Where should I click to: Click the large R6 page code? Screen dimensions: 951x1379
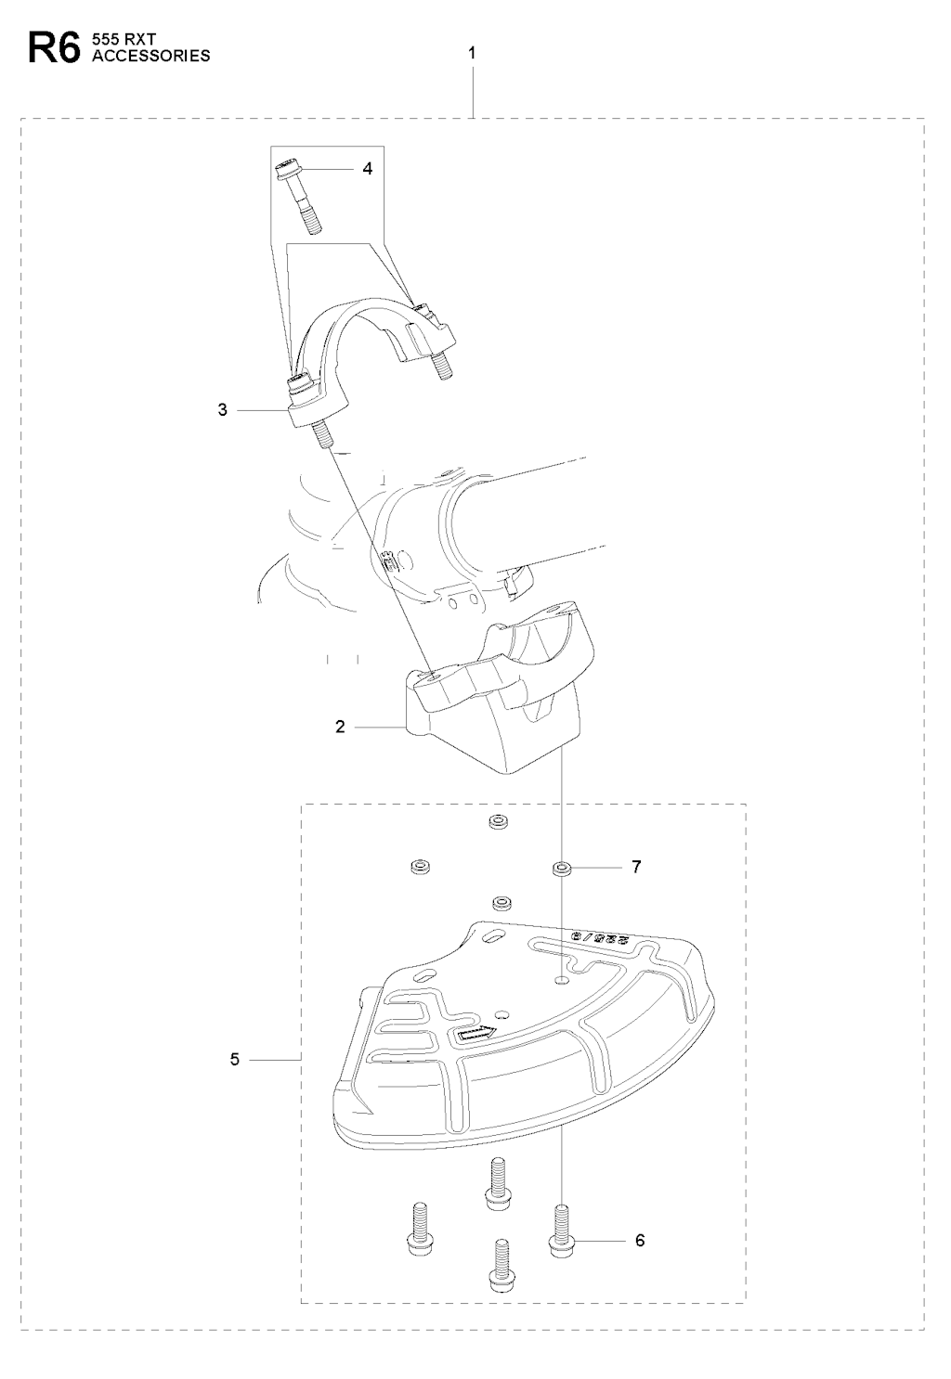coord(54,48)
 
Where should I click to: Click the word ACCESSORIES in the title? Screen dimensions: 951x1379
coord(150,56)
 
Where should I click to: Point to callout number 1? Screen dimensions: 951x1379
coord(472,54)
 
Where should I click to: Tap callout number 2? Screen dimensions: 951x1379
coord(340,727)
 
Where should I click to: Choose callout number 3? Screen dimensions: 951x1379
coord(222,409)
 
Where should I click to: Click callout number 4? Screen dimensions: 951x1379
coord(368,168)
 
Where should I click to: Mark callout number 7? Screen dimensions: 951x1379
coord(636,867)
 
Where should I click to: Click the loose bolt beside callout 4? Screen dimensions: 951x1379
coord(299,197)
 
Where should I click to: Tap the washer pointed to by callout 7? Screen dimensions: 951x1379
coord(561,870)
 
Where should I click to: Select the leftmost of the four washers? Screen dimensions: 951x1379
coord(420,866)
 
